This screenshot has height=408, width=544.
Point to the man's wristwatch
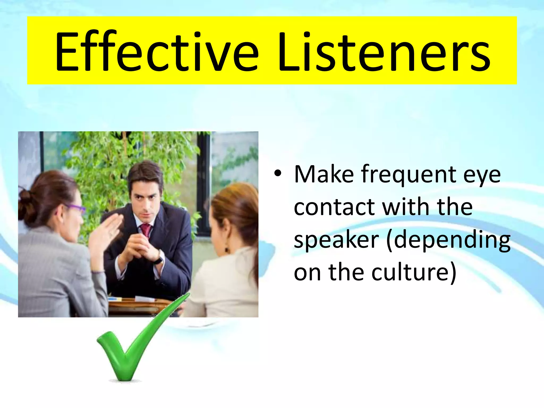159,259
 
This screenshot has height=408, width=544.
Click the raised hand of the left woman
106,228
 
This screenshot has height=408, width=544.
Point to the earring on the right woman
227,250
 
